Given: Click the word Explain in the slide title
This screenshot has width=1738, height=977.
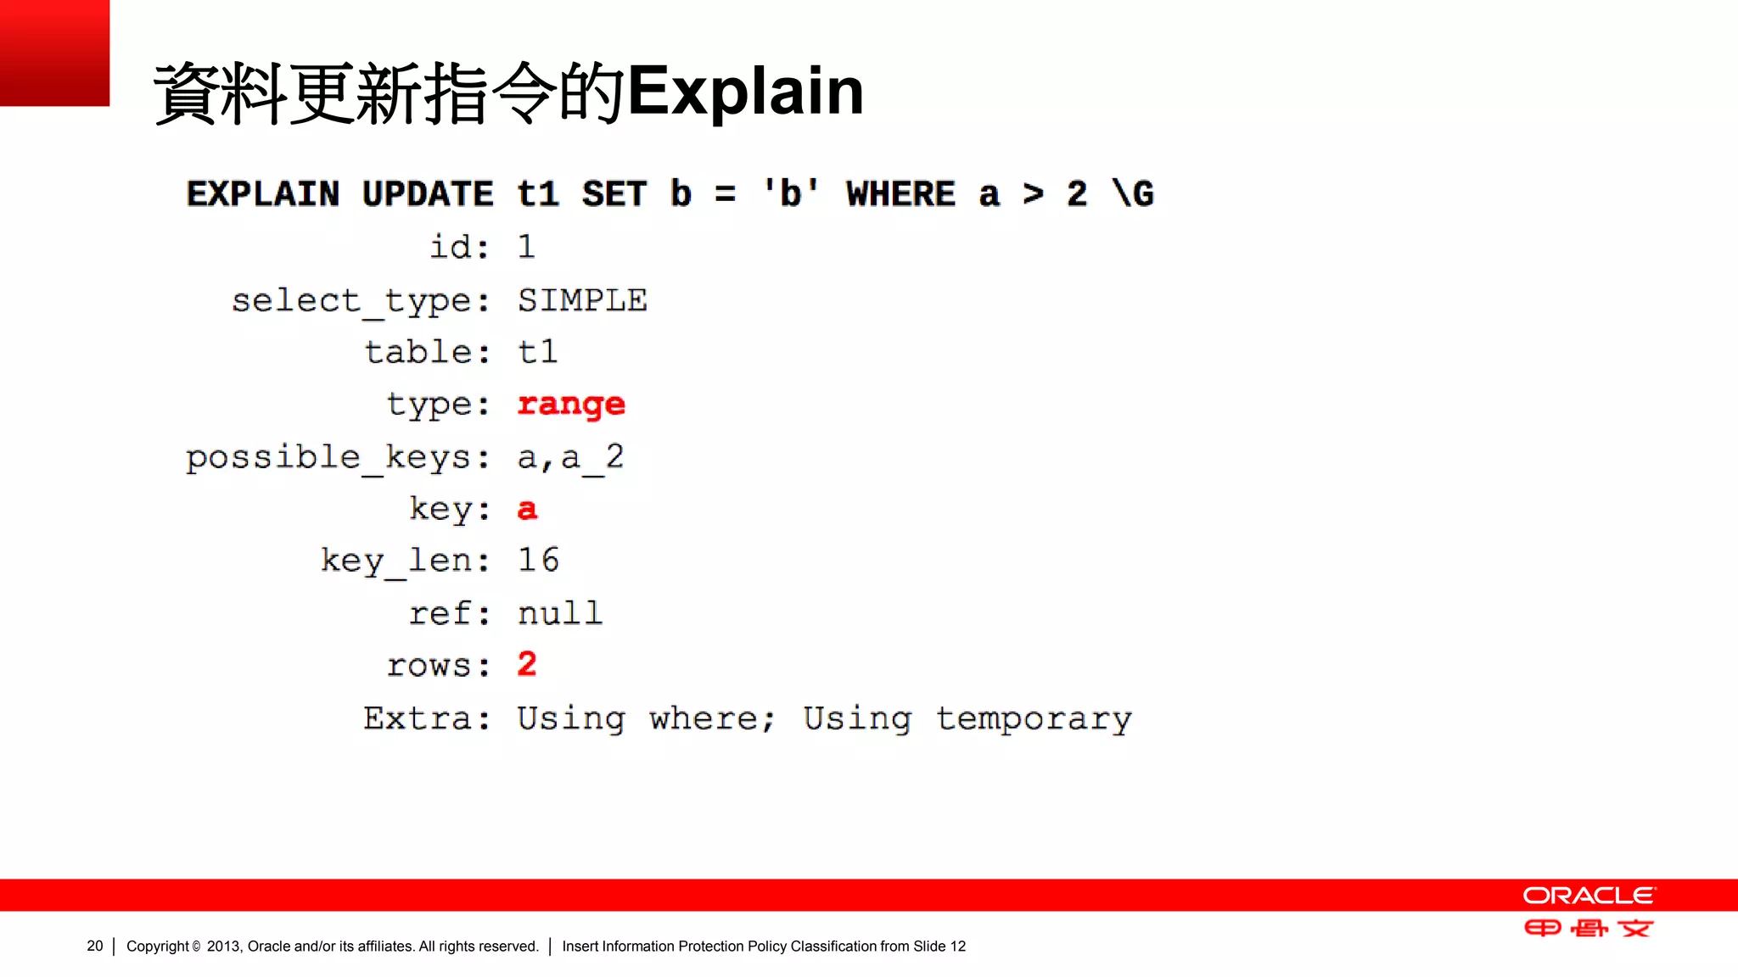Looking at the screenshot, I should pos(745,92).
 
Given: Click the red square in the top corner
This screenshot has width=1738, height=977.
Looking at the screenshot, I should pos(54,53).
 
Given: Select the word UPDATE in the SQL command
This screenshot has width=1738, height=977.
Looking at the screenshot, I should pos(427,194).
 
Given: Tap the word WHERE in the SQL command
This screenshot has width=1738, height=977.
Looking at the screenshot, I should pos(900,194).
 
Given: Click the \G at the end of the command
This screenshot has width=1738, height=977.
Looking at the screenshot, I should pos(1133,194).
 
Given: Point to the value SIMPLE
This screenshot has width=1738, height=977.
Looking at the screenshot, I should pos(582,300).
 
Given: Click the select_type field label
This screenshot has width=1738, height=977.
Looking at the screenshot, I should pos(361,301).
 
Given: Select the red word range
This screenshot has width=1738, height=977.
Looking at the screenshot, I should pos(571,405).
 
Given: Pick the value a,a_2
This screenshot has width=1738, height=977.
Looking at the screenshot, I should pos(570,458).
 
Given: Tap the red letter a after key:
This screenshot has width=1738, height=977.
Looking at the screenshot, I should pos(527,509).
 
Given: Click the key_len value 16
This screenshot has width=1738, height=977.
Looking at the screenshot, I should pos(538,560).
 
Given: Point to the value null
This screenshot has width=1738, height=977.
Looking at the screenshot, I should pos(560,613).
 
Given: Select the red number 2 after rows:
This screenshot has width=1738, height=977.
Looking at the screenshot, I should pos(527,664).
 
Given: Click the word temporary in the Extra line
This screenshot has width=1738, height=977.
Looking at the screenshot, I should pos(1034,719).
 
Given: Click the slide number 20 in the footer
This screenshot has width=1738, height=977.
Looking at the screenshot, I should pos(94,946).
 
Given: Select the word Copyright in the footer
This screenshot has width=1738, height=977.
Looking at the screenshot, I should pos(158,946).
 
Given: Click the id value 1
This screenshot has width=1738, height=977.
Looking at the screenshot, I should pos(526,248).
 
